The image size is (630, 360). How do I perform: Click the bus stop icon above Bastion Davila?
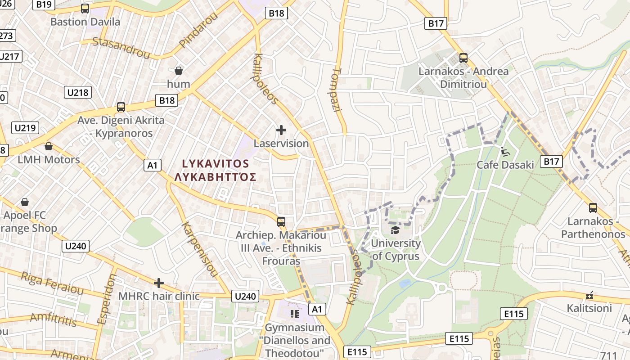coord(85,8)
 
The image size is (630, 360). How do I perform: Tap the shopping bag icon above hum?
coord(179,70)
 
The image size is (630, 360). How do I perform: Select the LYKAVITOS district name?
coord(215,163)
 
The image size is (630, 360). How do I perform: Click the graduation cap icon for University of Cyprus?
coord(395,230)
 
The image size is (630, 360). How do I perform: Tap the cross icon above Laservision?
coord(281,130)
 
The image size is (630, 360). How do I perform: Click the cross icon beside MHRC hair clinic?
coord(158,283)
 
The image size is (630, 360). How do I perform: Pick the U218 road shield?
coord(78,93)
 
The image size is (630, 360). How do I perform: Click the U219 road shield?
coord(25,128)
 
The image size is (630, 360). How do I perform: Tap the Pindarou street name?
coord(198,30)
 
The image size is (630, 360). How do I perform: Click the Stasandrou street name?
coord(121,48)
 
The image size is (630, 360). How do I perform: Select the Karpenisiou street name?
coord(200,250)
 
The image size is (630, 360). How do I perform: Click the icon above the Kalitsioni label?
coord(589,295)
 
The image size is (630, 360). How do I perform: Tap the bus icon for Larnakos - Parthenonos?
coord(593,208)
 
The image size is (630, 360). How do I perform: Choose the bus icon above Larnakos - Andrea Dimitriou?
coord(463,58)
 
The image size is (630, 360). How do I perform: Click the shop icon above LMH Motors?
coord(49,146)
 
